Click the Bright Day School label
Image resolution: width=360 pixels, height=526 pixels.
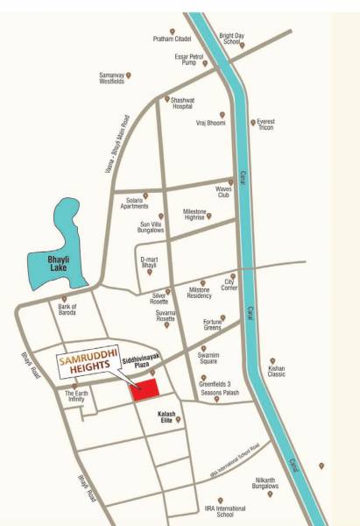click(x=231, y=38)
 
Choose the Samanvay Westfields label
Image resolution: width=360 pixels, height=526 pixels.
click(x=110, y=79)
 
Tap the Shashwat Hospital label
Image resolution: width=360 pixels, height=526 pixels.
click(x=182, y=103)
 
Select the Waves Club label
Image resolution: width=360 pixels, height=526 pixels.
click(x=222, y=191)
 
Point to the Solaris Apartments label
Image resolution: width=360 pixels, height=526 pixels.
click(x=129, y=203)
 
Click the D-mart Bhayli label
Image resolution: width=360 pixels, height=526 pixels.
click(x=153, y=263)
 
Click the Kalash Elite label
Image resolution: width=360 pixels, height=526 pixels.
click(x=166, y=417)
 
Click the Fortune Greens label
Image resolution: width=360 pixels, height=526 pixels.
click(x=207, y=325)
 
